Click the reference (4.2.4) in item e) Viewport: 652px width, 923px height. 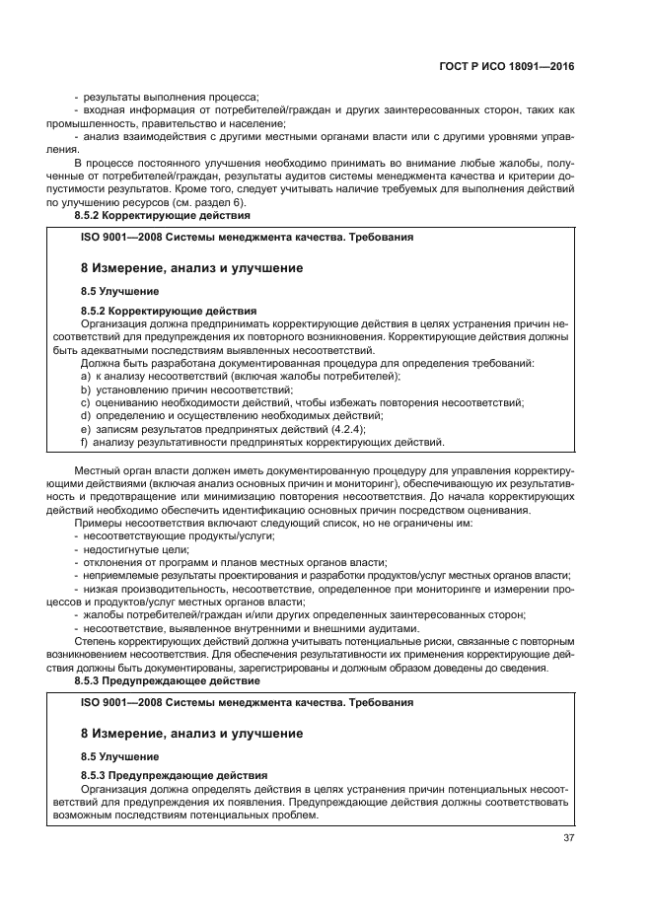click(x=348, y=429)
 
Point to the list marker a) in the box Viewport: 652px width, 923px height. click(x=86, y=377)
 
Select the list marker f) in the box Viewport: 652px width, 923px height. click(x=85, y=442)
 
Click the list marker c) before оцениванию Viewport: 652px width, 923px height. click(x=86, y=402)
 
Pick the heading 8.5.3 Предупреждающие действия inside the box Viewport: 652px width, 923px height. click(x=174, y=776)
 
